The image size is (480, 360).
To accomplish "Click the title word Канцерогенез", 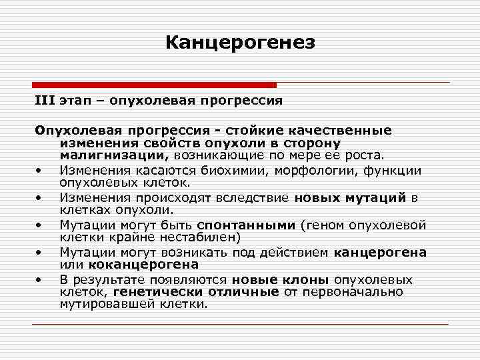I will point(239,43).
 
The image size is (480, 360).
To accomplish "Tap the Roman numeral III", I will point(45,101).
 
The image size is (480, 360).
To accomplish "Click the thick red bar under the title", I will point(154,85).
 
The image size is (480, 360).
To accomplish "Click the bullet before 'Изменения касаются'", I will point(41,170).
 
